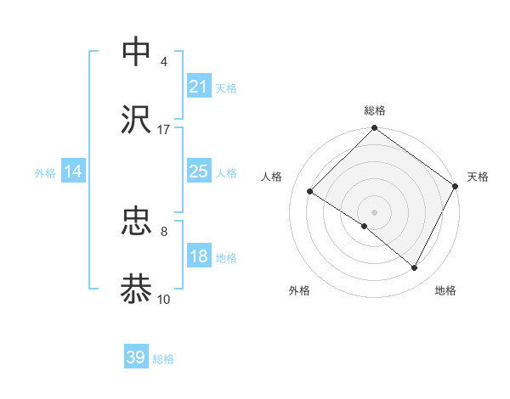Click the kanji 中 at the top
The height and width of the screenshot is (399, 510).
point(137,51)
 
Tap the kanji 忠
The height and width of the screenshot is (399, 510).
point(137,222)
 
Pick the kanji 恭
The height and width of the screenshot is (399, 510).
point(137,289)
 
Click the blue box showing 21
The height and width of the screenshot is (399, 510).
point(198,87)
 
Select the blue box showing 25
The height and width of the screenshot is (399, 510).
point(198,171)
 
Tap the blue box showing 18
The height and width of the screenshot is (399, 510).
point(198,256)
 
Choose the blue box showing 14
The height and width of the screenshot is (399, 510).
point(73,171)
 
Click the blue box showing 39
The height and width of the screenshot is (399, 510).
point(136,357)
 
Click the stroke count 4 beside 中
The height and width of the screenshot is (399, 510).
point(163,61)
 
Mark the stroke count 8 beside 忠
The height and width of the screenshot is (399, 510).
point(163,231)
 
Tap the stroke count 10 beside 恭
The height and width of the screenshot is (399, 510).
point(163,299)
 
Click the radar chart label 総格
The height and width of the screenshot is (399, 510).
point(374,110)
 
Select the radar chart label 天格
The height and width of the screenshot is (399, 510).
point(478,177)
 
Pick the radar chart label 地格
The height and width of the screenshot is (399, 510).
point(445,290)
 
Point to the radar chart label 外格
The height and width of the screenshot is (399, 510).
point(299,290)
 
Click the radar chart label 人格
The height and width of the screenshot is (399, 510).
point(272,177)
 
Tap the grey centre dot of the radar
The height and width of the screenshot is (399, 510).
point(374,211)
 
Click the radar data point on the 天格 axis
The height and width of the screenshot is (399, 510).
point(456,185)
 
